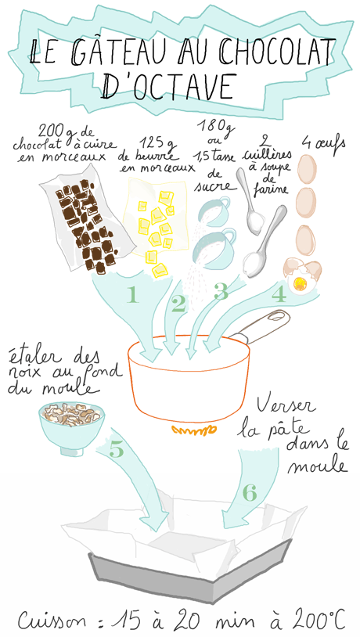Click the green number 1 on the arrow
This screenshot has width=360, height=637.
(x=132, y=295)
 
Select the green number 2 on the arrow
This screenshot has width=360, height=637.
(x=178, y=304)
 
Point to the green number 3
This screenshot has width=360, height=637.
(x=221, y=292)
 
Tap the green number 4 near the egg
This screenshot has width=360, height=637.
(x=279, y=295)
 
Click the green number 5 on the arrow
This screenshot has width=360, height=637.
(x=116, y=449)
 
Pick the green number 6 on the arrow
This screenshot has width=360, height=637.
(x=250, y=493)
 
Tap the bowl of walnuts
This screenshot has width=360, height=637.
(x=71, y=426)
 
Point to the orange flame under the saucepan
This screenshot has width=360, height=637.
(x=193, y=430)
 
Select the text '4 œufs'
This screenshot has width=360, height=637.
(x=323, y=143)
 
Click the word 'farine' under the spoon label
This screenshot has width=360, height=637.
(x=271, y=189)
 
